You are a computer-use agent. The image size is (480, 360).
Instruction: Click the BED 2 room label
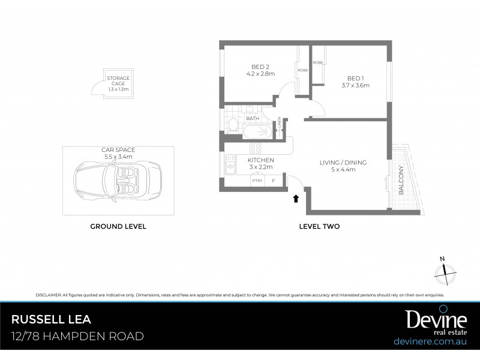coord(260,67)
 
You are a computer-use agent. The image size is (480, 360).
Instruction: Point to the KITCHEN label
coord(260,160)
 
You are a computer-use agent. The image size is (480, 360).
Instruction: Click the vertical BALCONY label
coord(401,179)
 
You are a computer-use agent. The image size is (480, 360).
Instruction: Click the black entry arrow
coord(295,197)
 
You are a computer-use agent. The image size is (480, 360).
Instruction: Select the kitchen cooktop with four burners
coord(255,148)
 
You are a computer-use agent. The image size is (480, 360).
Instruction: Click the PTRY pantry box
coord(257,180)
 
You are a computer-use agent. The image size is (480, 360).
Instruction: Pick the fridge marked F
coord(274,180)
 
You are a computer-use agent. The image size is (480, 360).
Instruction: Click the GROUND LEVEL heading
coord(118,227)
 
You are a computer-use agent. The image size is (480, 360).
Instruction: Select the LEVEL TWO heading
coord(320,227)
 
